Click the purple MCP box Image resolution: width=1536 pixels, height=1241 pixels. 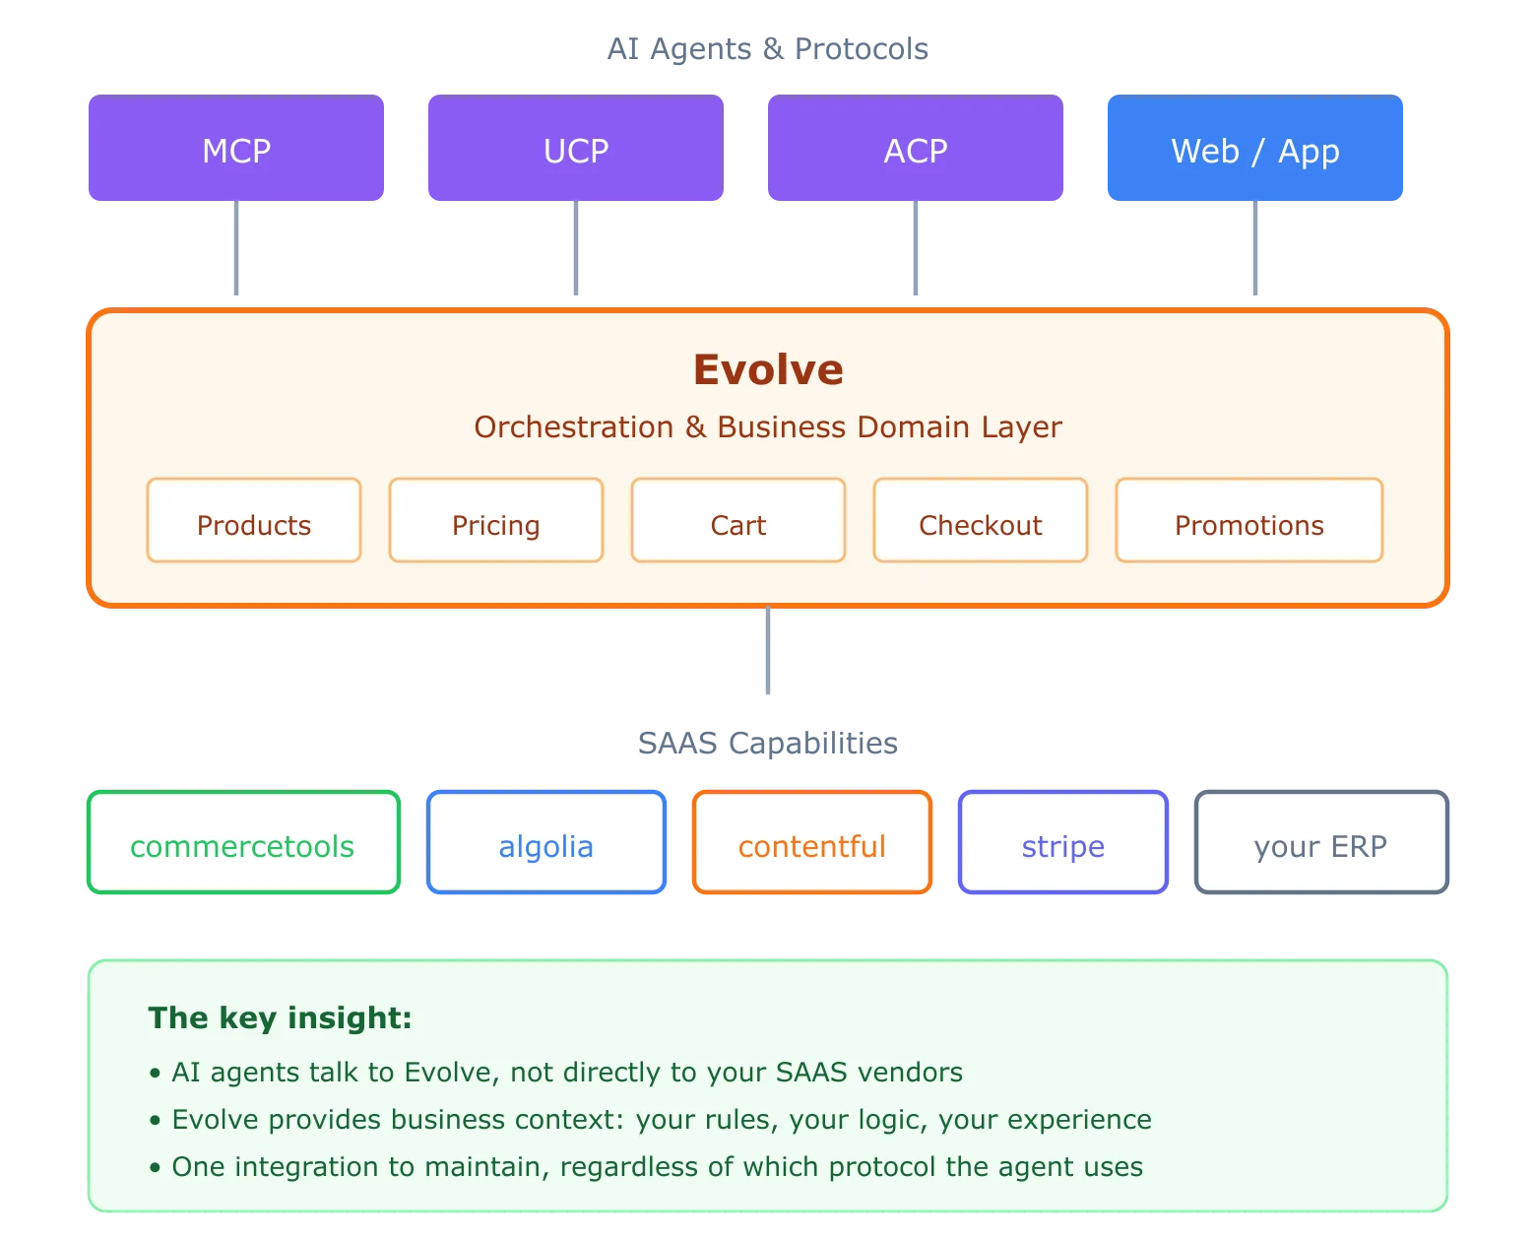pyautogui.click(x=236, y=150)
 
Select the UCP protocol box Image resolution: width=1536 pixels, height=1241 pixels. pyautogui.click(x=575, y=150)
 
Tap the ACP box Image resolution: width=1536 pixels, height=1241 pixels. pyautogui.click(x=914, y=150)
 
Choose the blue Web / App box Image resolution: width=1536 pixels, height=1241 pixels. pyautogui.click(x=1255, y=150)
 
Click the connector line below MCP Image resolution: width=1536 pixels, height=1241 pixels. pyautogui.click(x=236, y=251)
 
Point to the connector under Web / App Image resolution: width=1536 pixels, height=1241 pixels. pyautogui.click(x=1255, y=251)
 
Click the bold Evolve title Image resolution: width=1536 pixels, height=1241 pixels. pyautogui.click(x=768, y=369)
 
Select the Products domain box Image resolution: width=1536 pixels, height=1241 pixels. pyautogui.click(x=254, y=521)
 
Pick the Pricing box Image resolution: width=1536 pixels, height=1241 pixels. pyautogui.click(x=496, y=521)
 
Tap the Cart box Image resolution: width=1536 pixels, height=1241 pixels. pyautogui.click(x=738, y=521)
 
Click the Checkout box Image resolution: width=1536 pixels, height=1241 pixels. pyautogui.click(x=981, y=521)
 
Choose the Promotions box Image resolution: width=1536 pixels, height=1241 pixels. pyautogui.click(x=1248, y=521)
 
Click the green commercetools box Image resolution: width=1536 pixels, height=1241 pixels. pyautogui.click(x=243, y=843)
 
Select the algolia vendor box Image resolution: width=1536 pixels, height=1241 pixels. pyautogui.click(x=546, y=843)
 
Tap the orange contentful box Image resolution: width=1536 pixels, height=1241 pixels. pyautogui.click(x=812, y=843)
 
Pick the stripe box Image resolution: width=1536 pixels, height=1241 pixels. pyautogui.click(x=1062, y=843)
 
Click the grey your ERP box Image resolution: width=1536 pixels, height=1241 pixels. pyautogui.click(x=1321, y=843)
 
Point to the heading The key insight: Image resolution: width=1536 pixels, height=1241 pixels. pyautogui.click(x=280, y=1017)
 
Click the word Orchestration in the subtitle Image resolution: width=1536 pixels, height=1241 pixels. pyautogui.click(x=574, y=427)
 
